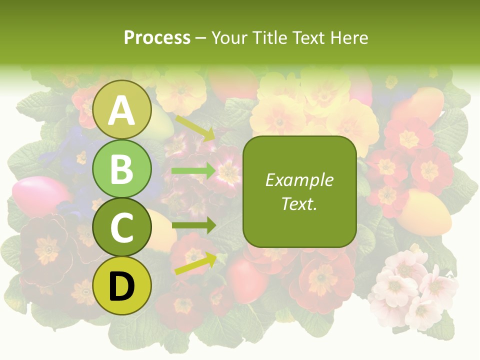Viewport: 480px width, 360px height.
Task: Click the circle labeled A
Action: pos(121,109)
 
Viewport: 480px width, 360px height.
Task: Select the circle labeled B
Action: pos(121,169)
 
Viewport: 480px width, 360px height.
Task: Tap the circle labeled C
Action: pos(121,227)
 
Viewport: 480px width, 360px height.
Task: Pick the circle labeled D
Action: pos(121,286)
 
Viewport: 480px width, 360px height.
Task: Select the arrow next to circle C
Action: pos(194,225)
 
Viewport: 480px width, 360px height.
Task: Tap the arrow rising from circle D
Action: pos(194,263)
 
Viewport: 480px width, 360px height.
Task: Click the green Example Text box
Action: pos(299,191)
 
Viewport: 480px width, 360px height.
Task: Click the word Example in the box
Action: pos(299,180)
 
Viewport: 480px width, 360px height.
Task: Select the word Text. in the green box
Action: pos(299,204)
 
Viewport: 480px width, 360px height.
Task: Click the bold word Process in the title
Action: pos(157,37)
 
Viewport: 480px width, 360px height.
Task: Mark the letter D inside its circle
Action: pos(121,287)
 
